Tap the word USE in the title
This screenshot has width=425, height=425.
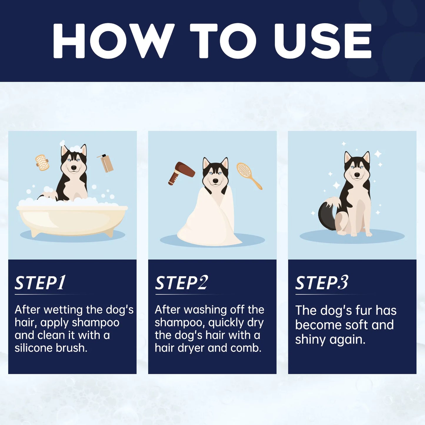tap(323, 41)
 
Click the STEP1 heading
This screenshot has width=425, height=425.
tap(40, 283)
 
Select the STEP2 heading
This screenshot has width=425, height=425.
tap(181, 283)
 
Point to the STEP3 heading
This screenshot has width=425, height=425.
tap(322, 283)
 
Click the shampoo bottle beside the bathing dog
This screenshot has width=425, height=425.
tap(106, 163)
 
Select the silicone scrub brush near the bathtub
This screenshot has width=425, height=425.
tap(42, 163)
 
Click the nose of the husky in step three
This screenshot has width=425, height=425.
tap(357, 175)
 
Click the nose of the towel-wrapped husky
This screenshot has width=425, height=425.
tap(216, 181)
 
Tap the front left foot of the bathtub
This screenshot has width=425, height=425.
tap(34, 234)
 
